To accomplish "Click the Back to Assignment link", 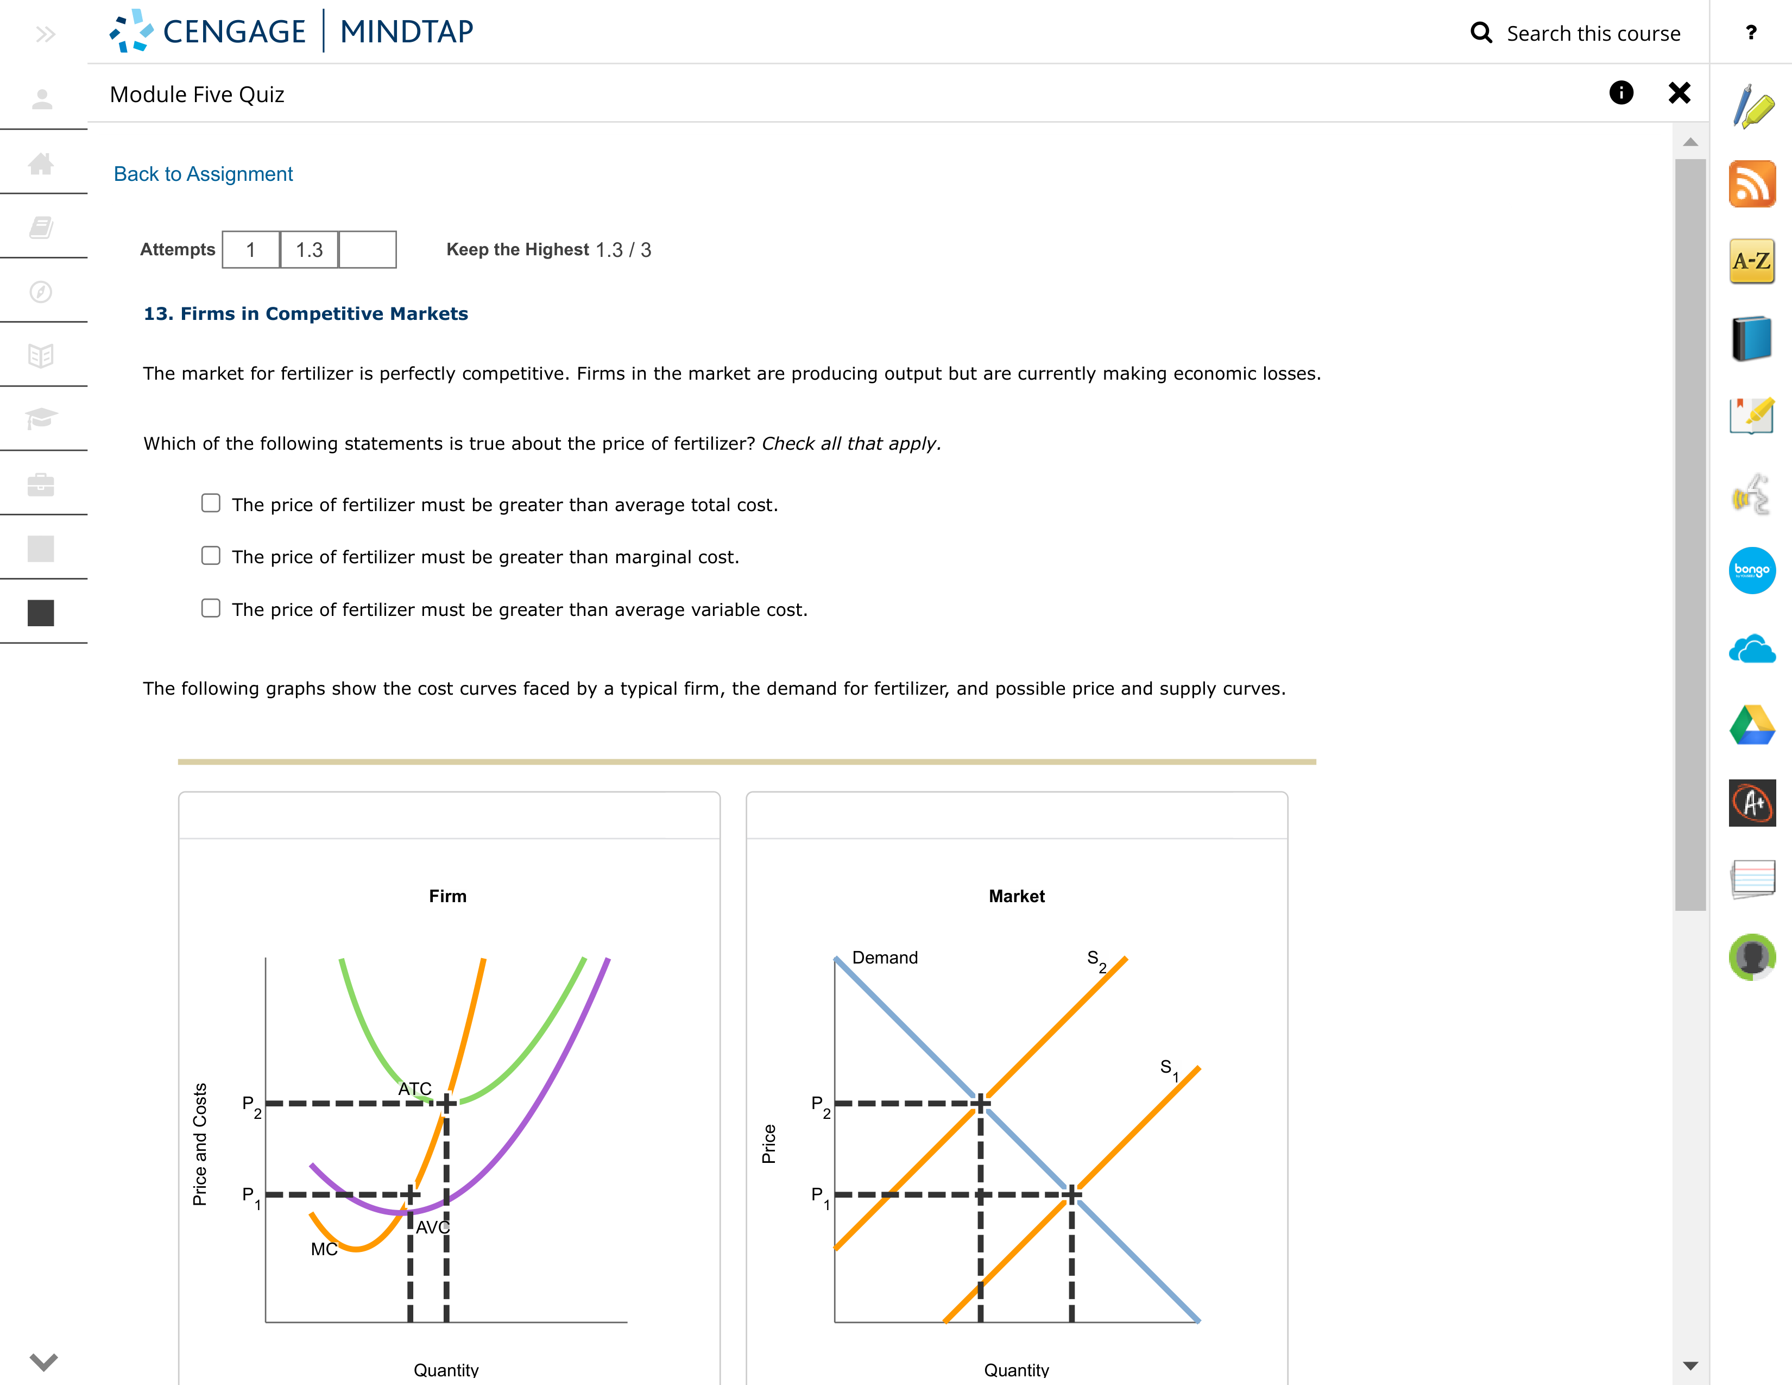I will (x=203, y=174).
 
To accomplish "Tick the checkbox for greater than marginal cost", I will (x=211, y=556).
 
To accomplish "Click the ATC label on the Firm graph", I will (x=414, y=1089).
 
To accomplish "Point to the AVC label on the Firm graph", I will (x=432, y=1227).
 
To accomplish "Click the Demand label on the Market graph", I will (x=885, y=958).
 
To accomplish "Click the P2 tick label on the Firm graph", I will (x=251, y=1105).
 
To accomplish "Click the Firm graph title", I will (x=447, y=896).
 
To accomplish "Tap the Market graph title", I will (x=1016, y=896).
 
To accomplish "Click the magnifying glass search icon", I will (x=1481, y=33).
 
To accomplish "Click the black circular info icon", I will (x=1620, y=93).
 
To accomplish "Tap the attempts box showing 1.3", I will (x=310, y=249).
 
